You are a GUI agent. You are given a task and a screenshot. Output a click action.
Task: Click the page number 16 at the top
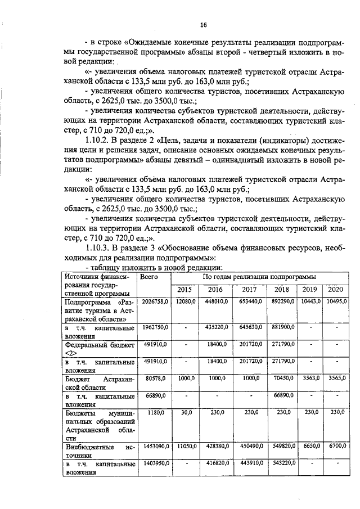tap(203, 25)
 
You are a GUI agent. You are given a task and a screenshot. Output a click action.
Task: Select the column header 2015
tap(186, 290)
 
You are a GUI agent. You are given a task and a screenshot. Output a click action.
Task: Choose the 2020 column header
tap(336, 290)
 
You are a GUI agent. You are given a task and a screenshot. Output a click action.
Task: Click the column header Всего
tap(148, 277)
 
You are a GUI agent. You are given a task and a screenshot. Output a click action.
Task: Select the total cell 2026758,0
tap(155, 302)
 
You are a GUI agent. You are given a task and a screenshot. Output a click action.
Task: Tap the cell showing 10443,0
tap(311, 302)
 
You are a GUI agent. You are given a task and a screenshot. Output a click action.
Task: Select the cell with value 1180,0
tap(155, 412)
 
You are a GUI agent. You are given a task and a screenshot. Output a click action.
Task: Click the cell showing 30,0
tap(186, 412)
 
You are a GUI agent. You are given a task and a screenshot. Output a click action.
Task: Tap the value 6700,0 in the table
tap(337, 446)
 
